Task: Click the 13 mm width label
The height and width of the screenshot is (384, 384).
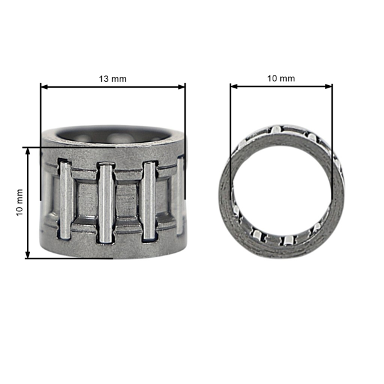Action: (113, 78)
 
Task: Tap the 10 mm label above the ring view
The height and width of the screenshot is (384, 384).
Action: (281, 78)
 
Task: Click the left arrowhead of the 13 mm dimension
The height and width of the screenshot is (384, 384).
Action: (44, 86)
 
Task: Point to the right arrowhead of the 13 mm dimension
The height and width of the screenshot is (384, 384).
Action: (182, 86)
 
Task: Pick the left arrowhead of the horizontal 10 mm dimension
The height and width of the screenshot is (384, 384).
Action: (234, 86)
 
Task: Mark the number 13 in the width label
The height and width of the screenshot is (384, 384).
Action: (103, 78)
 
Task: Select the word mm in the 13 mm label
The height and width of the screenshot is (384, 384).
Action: (119, 78)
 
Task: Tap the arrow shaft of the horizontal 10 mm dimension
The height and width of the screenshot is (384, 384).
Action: (281, 86)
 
